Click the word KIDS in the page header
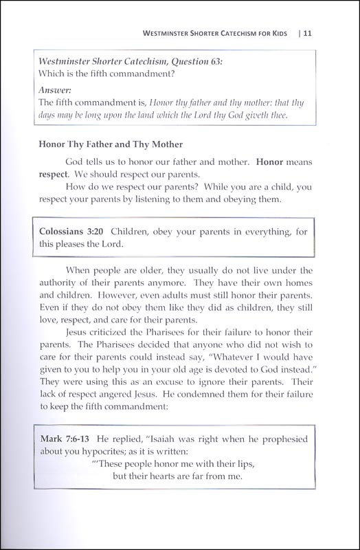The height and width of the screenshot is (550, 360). [275, 32]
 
